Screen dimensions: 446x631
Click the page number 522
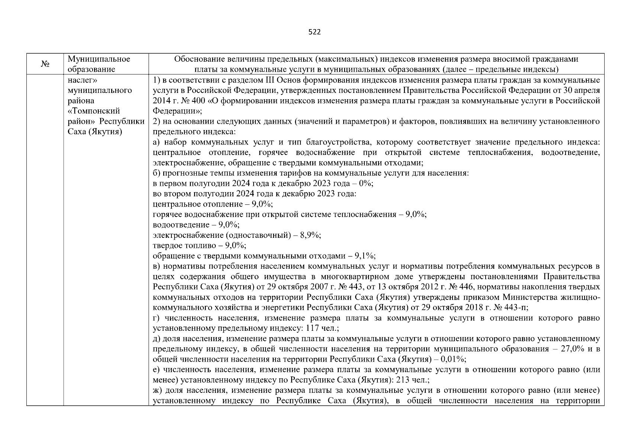(315, 32)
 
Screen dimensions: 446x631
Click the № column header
(45, 64)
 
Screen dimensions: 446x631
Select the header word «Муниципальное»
(99, 59)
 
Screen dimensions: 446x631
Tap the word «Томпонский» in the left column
(94, 111)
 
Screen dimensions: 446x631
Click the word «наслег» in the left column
(82, 80)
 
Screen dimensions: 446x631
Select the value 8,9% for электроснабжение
(312, 235)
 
